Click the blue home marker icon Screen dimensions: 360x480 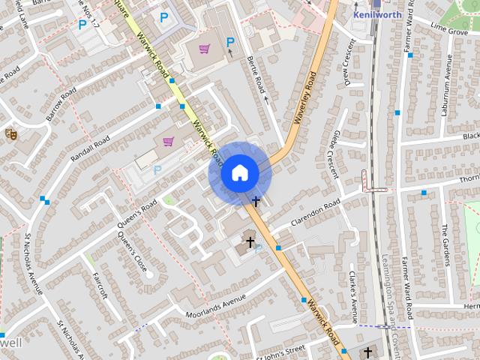(239, 173)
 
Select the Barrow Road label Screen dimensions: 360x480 (61, 104)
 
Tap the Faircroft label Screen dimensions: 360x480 (100, 285)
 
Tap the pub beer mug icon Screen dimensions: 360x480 (11, 133)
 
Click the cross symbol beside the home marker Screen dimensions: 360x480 (256, 201)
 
